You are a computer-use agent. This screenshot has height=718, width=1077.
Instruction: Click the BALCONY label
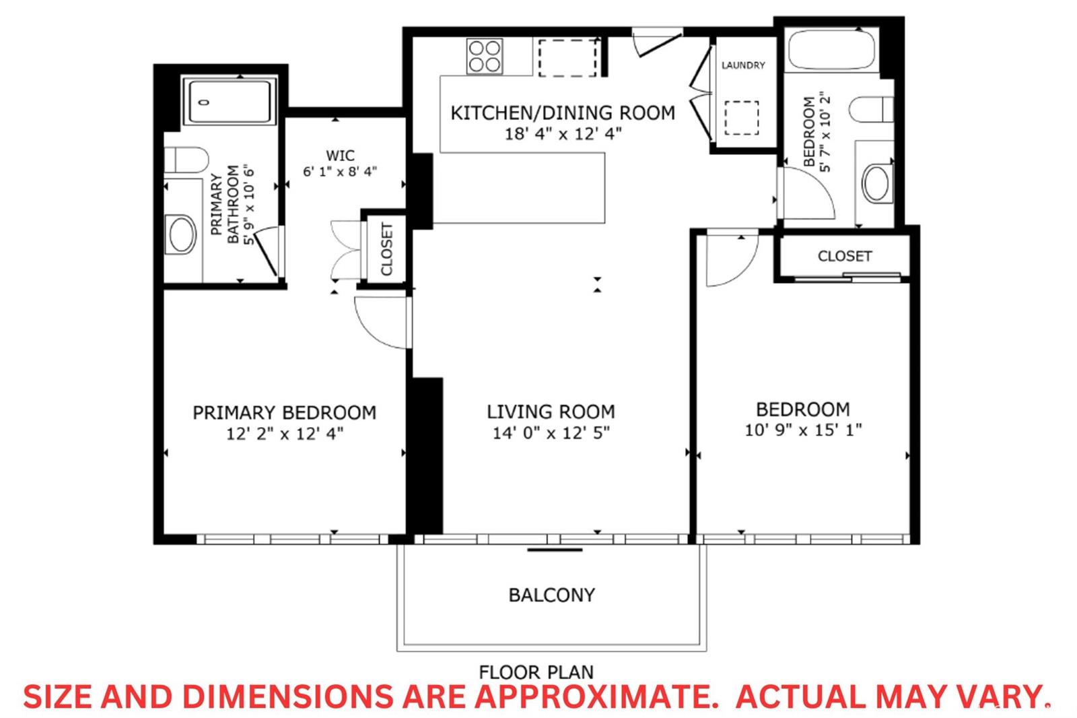(551, 595)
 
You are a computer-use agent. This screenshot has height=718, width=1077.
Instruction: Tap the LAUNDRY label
(743, 65)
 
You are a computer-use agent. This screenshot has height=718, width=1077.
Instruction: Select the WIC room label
(340, 156)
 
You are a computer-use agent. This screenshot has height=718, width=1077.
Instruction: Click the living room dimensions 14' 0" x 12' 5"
(551, 433)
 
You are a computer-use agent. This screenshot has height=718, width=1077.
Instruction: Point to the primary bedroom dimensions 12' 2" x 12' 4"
(285, 434)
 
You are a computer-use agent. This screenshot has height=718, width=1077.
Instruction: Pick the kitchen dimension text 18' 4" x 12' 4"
(563, 134)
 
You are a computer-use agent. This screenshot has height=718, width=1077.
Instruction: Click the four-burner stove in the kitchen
(485, 57)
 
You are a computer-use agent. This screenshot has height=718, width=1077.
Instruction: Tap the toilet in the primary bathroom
(186, 160)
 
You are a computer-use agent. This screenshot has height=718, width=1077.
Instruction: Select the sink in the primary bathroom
(180, 234)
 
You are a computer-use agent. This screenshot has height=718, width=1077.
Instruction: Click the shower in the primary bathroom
(230, 101)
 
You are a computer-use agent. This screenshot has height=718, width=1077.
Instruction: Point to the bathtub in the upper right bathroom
(832, 50)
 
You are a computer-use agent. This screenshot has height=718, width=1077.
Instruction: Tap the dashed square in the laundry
(742, 118)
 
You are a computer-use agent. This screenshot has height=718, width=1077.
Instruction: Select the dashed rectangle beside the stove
(568, 58)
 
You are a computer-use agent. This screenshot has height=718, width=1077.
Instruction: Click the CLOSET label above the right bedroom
(845, 256)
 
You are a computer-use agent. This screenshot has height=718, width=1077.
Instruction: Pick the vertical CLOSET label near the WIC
(387, 249)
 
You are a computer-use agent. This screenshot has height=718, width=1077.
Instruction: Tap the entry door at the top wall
(657, 42)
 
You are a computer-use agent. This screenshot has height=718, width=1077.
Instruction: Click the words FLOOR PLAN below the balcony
(536, 672)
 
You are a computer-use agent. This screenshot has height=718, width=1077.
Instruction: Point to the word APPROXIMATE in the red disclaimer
(596, 696)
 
